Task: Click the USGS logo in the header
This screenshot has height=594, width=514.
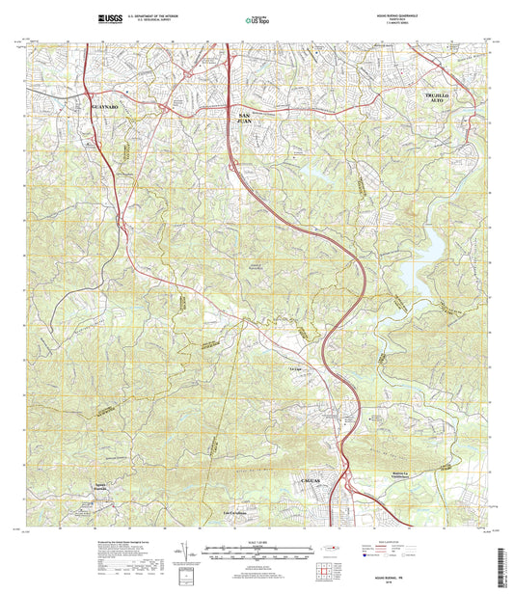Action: point(110,16)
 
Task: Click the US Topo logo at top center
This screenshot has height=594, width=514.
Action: point(256,17)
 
